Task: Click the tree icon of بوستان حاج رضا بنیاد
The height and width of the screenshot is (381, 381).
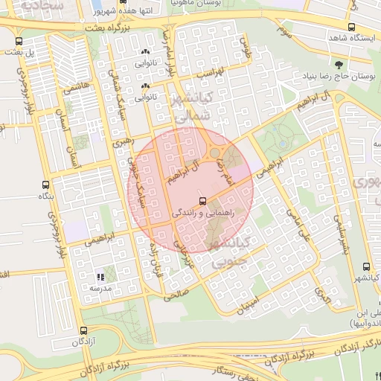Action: coord(339,65)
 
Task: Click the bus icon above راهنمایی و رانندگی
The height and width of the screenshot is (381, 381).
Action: coord(202,201)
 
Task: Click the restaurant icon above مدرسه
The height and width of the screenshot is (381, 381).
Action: coord(100,277)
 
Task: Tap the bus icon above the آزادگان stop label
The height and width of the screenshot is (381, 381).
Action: coord(83,330)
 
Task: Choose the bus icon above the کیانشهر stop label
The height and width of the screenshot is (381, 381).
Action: coord(365,266)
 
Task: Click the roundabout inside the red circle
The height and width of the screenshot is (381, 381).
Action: coord(219,153)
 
